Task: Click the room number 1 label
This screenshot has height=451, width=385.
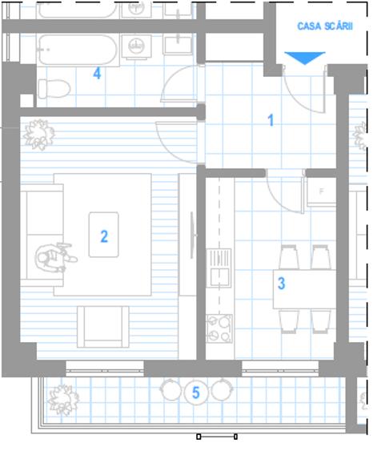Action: pos(271,120)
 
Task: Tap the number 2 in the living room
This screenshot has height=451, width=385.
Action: pos(104,236)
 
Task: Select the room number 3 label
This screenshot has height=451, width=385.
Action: pos(281,284)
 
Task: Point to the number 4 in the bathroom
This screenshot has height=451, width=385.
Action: pos(97,74)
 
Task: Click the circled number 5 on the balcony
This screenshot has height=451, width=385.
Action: pos(195,393)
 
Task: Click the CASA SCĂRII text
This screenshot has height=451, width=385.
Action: pos(325,26)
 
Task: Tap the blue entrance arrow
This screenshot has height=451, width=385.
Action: pos(305,58)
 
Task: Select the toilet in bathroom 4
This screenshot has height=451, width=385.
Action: pos(54,88)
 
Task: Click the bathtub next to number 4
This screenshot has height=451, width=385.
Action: pos(78,50)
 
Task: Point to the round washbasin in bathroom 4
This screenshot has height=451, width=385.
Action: pos(136,46)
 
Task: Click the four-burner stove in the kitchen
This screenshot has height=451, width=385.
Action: pos(219,328)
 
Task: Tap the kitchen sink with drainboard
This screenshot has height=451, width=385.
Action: pos(219,268)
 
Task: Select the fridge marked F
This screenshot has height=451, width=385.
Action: pos(321,191)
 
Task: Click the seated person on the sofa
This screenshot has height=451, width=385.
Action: pos(55,258)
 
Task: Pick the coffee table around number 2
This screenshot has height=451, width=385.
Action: pos(104,235)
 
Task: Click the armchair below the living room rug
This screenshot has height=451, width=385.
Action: pos(103,327)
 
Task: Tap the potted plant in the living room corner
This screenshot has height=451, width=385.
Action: pos(38,135)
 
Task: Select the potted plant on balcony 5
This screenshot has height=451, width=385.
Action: pos(63,400)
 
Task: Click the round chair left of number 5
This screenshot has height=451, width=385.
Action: pos(170,389)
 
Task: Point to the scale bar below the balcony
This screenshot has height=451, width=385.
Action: pos(217,437)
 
